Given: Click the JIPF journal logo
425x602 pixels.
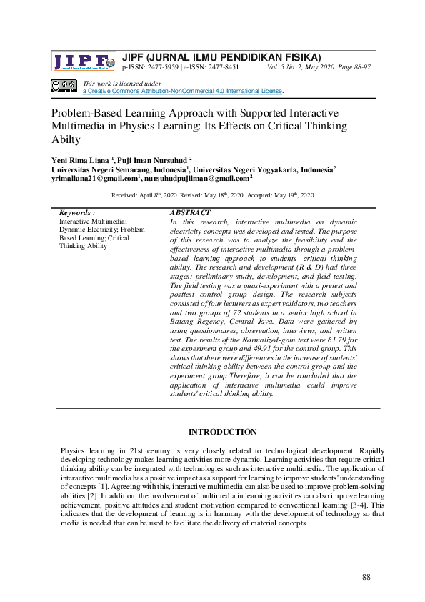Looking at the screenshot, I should [x=83, y=62].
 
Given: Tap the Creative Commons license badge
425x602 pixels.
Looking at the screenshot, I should [x=64, y=87].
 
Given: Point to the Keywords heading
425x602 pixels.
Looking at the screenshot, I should [x=76, y=213].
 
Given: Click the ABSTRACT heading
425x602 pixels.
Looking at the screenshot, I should [x=190, y=213].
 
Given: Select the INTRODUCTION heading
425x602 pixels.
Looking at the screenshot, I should [x=222, y=432].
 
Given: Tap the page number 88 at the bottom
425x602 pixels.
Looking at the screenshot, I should [x=368, y=577].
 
